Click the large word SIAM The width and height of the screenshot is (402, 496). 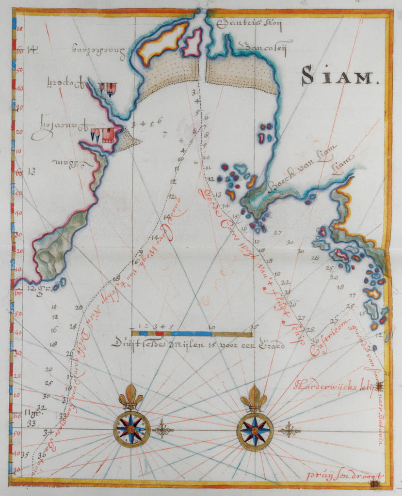(x=339, y=76)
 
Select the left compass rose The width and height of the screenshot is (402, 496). (x=131, y=429)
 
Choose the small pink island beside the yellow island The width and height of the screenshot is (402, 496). (x=193, y=43)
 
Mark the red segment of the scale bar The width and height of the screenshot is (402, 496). (x=159, y=334)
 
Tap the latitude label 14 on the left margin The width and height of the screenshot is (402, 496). (x=32, y=48)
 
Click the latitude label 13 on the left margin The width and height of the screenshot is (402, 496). (x=32, y=171)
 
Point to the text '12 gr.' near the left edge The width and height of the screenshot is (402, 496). (x=36, y=288)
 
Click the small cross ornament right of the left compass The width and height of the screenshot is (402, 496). (x=162, y=430)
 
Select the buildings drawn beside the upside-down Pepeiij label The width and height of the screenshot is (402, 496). (x=108, y=88)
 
